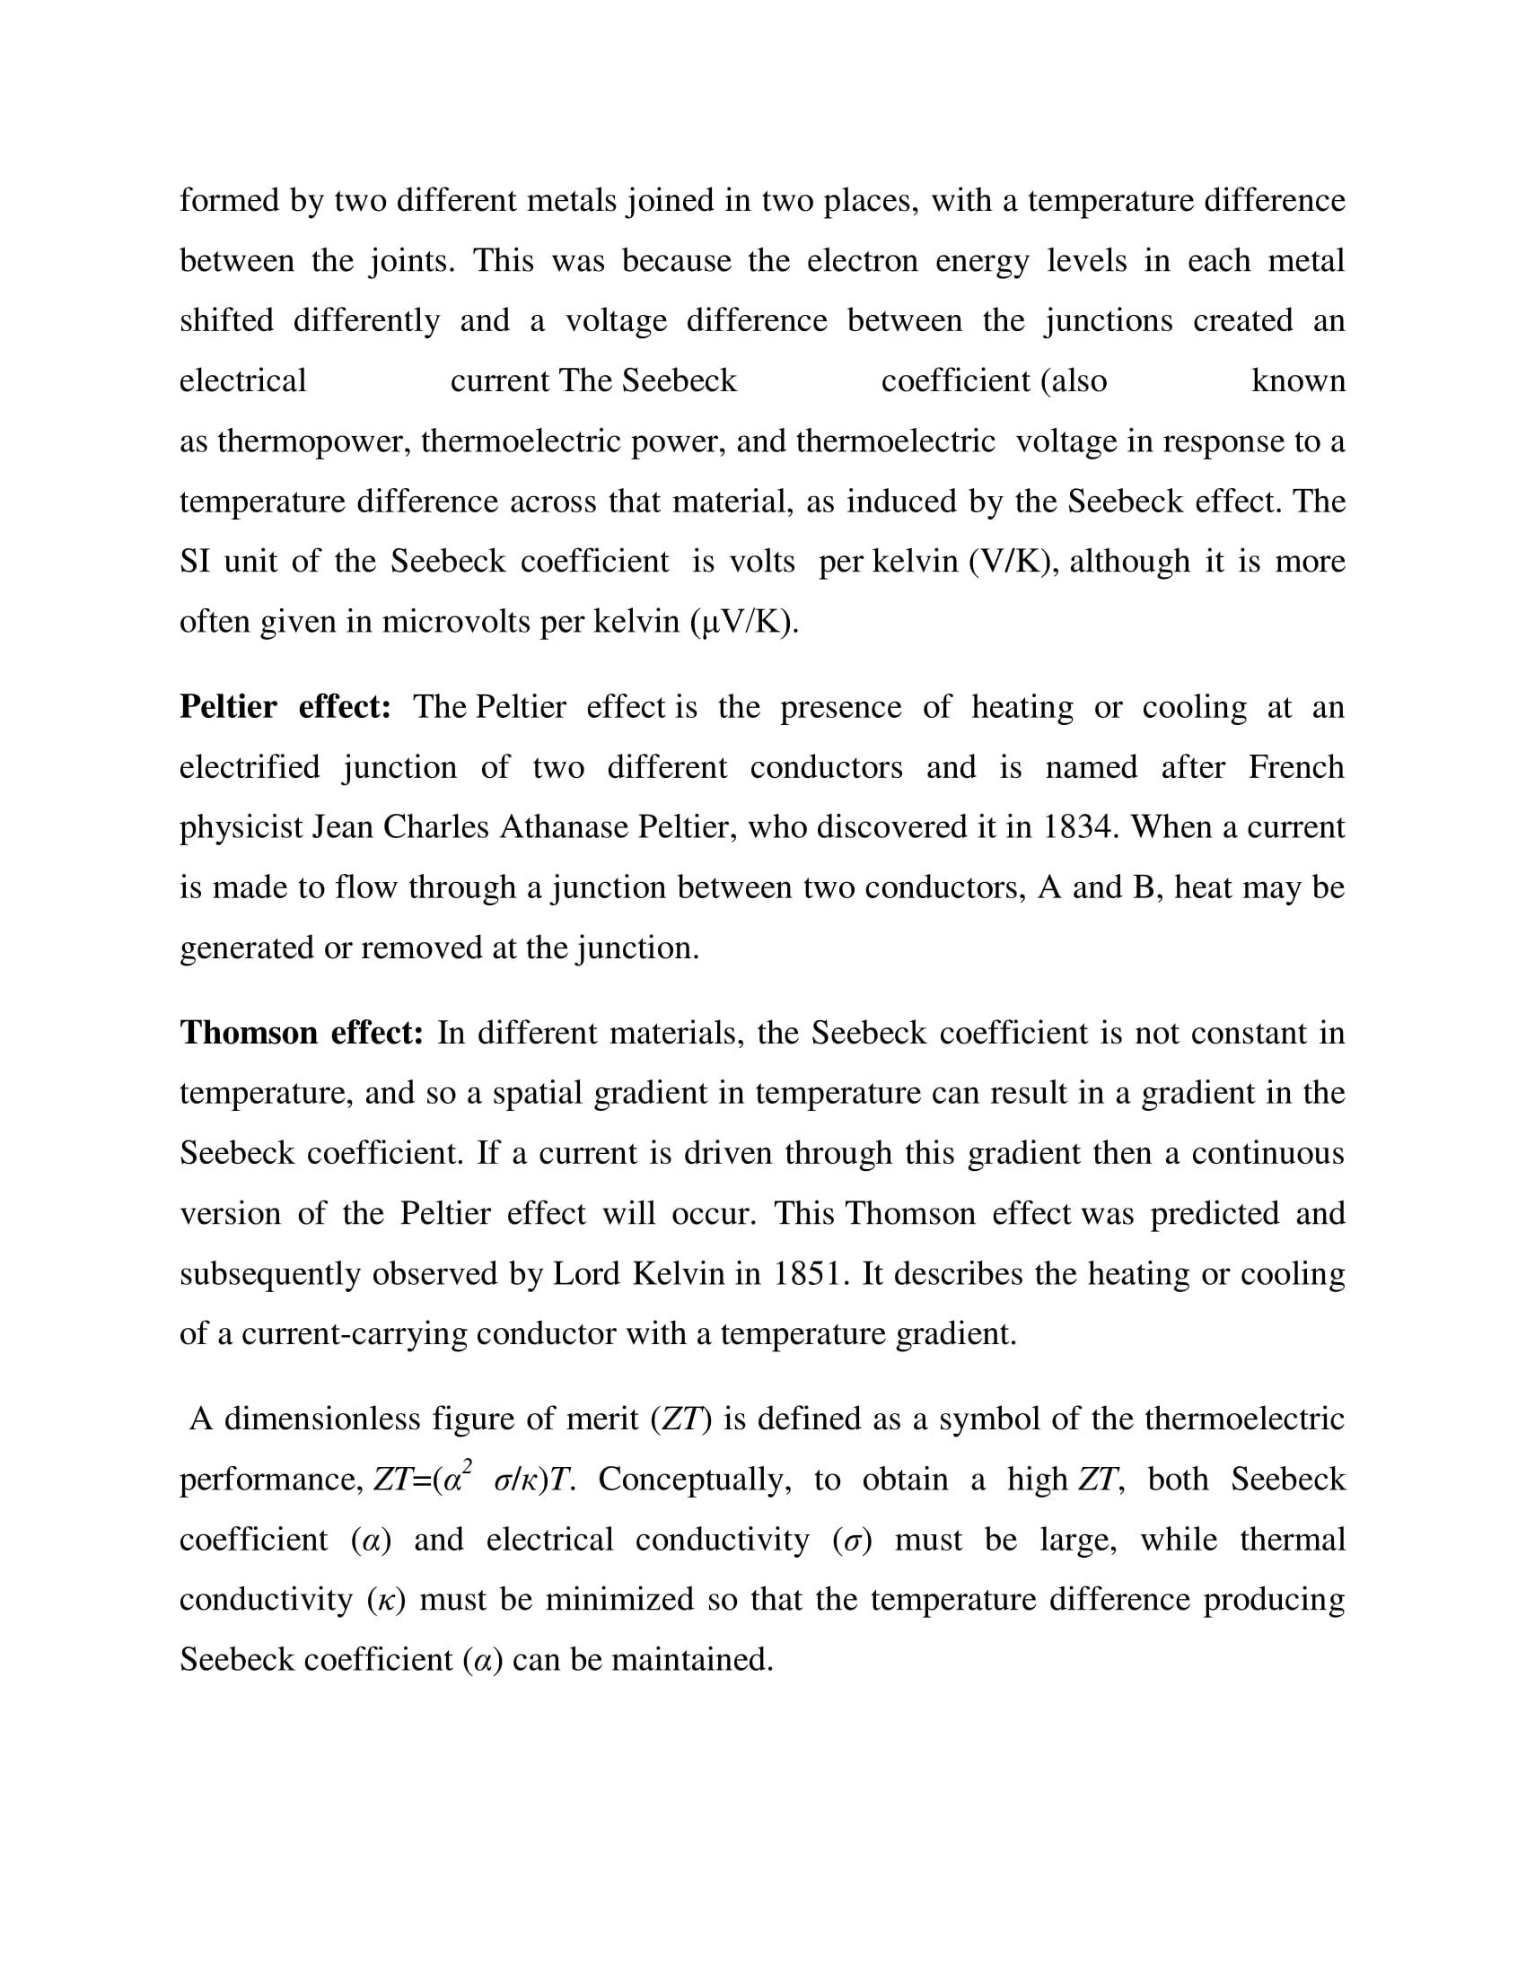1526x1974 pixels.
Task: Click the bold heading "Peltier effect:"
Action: coord(285,707)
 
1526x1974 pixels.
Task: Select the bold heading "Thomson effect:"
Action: coord(301,1032)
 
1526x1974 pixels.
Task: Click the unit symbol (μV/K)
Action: coord(744,623)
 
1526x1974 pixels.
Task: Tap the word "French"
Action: coord(1296,767)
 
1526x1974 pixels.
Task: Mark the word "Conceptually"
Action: coord(693,1480)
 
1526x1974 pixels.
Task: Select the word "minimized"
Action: coord(619,1600)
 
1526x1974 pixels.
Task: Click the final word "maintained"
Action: coord(691,1660)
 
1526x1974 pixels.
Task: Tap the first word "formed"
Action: coord(229,200)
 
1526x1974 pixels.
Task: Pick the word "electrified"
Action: coord(250,767)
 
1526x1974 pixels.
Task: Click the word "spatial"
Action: coord(537,1093)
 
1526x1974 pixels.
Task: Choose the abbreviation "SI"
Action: coord(195,563)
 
